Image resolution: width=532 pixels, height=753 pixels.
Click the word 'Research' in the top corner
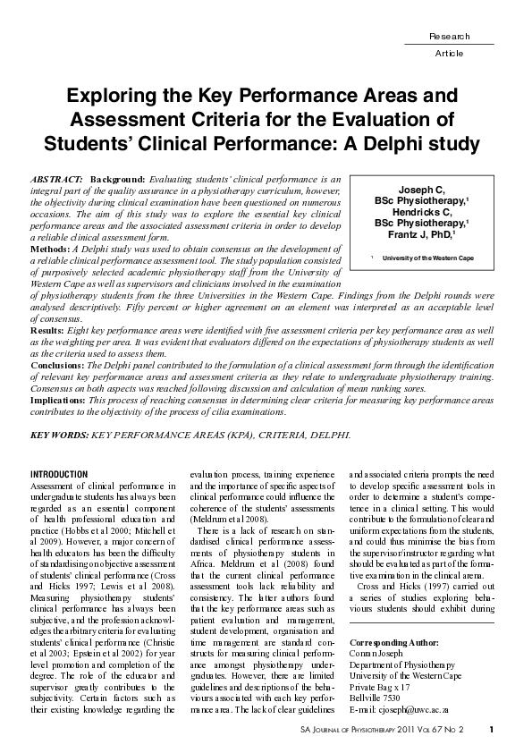coord(449,36)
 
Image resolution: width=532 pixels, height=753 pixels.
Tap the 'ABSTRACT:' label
coord(57,180)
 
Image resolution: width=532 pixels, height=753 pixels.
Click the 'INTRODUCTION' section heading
coord(59,473)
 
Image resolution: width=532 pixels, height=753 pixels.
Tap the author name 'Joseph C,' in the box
coord(421,191)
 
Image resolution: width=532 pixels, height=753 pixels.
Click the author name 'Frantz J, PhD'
coord(420,233)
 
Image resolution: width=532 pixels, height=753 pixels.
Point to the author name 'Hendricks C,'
coord(421,213)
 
